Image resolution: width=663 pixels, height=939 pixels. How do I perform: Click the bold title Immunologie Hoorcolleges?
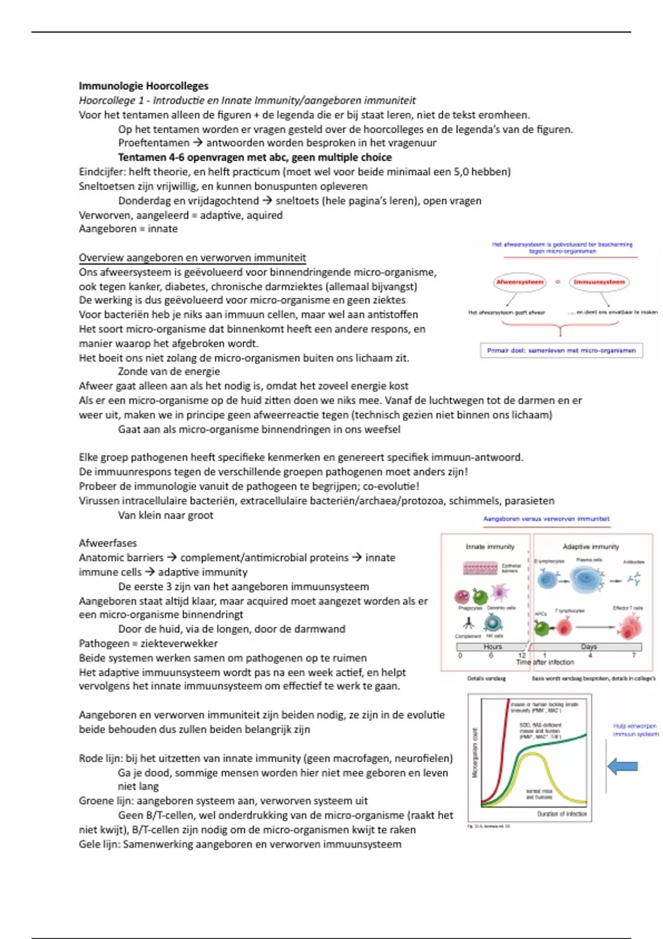143,86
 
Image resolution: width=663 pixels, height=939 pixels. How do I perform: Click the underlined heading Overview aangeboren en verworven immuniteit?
192,257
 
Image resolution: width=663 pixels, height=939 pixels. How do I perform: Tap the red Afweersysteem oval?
519,282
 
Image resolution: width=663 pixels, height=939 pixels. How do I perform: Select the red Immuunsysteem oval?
599,282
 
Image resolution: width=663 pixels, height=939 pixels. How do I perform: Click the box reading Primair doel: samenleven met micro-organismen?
561,350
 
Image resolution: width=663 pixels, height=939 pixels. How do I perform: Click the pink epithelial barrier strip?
481,568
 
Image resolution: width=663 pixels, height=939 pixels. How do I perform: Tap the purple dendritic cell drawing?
499,592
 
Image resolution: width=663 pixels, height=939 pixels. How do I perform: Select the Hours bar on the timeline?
492,646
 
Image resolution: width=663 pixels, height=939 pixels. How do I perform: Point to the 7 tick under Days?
634,655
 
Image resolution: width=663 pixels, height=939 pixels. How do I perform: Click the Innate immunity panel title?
490,546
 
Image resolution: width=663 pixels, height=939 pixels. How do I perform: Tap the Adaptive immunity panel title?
591,546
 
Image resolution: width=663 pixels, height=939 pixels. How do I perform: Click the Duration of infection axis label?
562,814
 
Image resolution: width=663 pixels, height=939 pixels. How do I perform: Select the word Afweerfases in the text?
108,543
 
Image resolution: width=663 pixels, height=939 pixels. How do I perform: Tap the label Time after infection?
545,662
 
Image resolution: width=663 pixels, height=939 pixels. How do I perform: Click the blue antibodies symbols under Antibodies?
634,579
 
